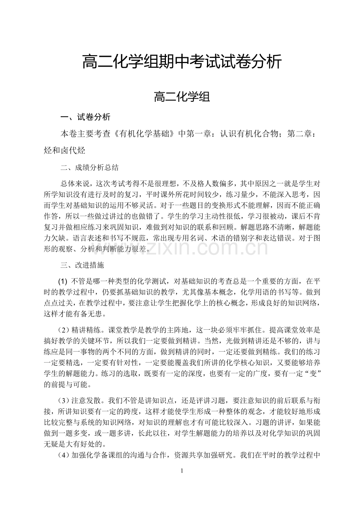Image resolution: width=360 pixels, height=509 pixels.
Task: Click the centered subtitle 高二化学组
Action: pyautogui.click(x=182, y=97)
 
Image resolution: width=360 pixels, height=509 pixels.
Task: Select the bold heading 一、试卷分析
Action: pyautogui.click(x=85, y=117)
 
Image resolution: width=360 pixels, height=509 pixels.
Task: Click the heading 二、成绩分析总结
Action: pyautogui.click(x=90, y=168)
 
